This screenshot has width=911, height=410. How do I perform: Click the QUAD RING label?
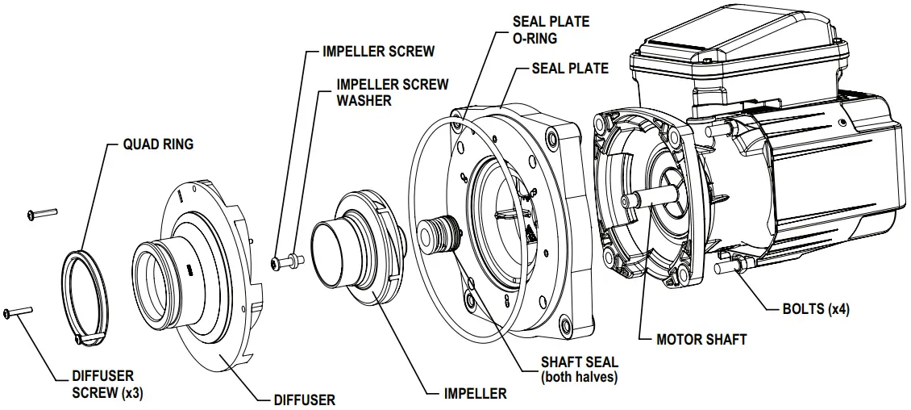[x=158, y=144]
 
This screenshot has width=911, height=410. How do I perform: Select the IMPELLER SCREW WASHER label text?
[x=393, y=92]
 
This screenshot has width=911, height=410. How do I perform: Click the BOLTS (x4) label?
[x=816, y=309]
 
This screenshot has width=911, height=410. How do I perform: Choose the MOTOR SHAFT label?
[x=701, y=340]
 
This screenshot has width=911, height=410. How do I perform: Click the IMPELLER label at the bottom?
[x=476, y=394]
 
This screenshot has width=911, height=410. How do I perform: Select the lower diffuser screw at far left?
[x=17, y=312]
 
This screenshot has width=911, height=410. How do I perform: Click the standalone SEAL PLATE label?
[x=570, y=69]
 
